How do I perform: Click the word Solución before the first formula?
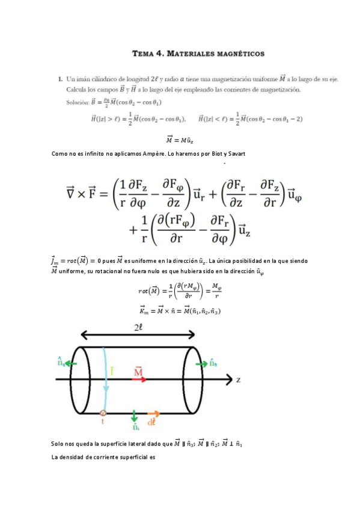(x=80, y=102)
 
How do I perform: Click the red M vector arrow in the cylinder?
(x=138, y=374)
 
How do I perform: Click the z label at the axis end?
(x=239, y=380)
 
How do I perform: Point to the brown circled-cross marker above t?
(x=103, y=413)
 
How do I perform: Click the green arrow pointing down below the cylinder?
(x=134, y=417)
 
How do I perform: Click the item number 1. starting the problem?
(x=60, y=78)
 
